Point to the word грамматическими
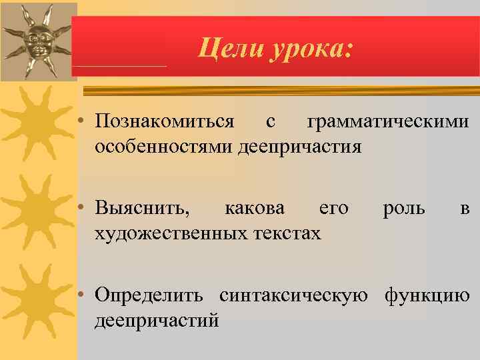388,122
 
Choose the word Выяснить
142,208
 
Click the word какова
255,208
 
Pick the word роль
404,208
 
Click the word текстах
287,232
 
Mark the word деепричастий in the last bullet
157,319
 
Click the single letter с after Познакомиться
270,123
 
